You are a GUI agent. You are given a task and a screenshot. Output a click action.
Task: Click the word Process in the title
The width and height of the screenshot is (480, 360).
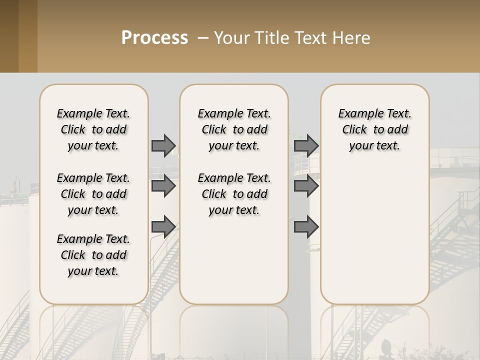[x=154, y=38]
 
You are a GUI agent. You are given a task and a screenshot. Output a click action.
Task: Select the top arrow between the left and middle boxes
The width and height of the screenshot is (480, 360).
[x=163, y=145]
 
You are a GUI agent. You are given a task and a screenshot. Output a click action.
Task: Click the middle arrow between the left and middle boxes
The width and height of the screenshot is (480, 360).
[x=163, y=186]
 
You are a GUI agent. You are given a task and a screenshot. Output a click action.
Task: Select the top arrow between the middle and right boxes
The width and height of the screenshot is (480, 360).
[x=306, y=145]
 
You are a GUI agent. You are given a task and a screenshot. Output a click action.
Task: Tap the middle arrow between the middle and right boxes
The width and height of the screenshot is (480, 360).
[x=306, y=186]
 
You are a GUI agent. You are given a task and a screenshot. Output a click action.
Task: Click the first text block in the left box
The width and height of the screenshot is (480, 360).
[x=93, y=129]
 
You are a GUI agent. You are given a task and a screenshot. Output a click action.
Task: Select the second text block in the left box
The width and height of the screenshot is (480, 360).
[x=93, y=194]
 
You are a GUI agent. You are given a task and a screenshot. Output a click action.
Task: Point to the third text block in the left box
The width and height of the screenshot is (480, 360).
[x=93, y=255]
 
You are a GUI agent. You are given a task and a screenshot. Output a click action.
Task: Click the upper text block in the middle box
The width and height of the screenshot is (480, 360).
[x=234, y=129]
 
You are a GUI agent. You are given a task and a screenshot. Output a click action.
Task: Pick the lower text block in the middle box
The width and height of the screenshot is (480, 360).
[x=234, y=194]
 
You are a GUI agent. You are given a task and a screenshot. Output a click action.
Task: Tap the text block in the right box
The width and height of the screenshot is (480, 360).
[x=374, y=129]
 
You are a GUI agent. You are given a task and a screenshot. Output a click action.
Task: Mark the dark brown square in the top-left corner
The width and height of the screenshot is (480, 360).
[x=9, y=36]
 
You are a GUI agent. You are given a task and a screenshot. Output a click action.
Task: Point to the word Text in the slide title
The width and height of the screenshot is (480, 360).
[x=309, y=38]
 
